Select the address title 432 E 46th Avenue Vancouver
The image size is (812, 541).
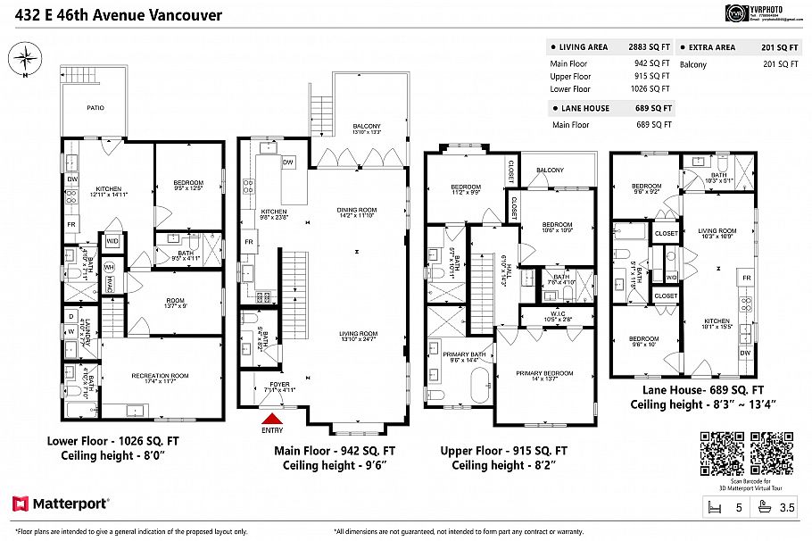pyautogui.click(x=112, y=15)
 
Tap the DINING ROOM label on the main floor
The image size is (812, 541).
pyautogui.click(x=357, y=210)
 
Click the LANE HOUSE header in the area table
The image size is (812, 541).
pyautogui.click(x=584, y=108)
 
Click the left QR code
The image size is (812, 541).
pyautogui.click(x=722, y=454)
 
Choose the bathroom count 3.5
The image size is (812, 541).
pyautogui.click(x=785, y=507)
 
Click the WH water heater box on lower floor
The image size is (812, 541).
pyautogui.click(x=109, y=267)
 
